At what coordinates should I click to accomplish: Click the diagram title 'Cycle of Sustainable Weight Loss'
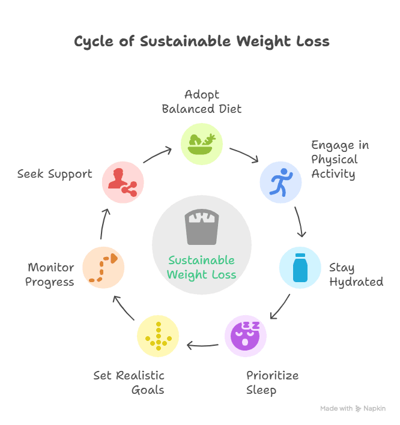pos(202,41)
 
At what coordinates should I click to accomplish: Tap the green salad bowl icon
pos(202,143)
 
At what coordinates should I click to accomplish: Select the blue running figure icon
pos(280,181)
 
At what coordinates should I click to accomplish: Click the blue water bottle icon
pos(300,267)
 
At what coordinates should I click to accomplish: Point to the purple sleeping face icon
pos(246,336)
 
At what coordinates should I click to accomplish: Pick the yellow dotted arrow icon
pos(158,336)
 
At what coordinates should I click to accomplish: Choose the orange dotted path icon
pos(103,267)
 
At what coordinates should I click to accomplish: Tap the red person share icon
pos(123,181)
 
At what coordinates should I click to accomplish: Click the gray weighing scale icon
pos(202,227)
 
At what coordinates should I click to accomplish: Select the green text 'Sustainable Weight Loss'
pos(202,268)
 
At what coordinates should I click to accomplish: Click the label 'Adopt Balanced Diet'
pos(202,101)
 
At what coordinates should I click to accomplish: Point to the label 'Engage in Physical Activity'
pos(340,160)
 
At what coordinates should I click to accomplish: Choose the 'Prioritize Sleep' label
pos(272,382)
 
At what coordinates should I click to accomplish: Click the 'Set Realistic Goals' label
pos(129,382)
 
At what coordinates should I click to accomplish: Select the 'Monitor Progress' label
pos(50,274)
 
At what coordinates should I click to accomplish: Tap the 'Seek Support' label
pos(55,174)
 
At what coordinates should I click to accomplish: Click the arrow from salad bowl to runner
pos(244,154)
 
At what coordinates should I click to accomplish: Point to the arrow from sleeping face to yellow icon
pos(202,345)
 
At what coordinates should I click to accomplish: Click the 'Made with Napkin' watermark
pos(353,408)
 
